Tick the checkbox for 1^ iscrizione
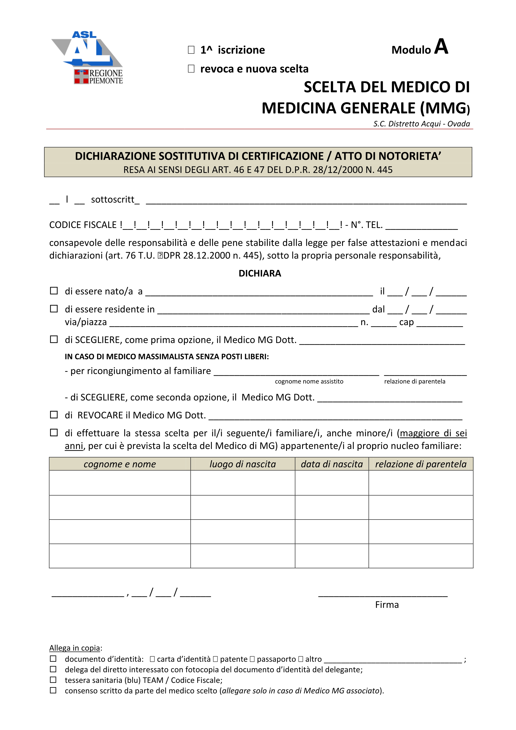click(191, 50)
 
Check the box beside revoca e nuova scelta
click(191, 69)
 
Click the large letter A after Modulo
click(441, 47)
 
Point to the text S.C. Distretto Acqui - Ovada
click(421, 124)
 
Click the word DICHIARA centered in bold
click(260, 274)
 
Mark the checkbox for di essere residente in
click(54, 309)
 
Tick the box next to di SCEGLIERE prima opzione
click(54, 339)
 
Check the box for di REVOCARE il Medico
click(54, 415)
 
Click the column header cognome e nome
click(120, 464)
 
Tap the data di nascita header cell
click(332, 464)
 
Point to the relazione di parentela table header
click(421, 464)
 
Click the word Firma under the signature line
click(387, 604)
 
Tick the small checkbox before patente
click(215, 659)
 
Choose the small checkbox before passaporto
click(252, 659)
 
